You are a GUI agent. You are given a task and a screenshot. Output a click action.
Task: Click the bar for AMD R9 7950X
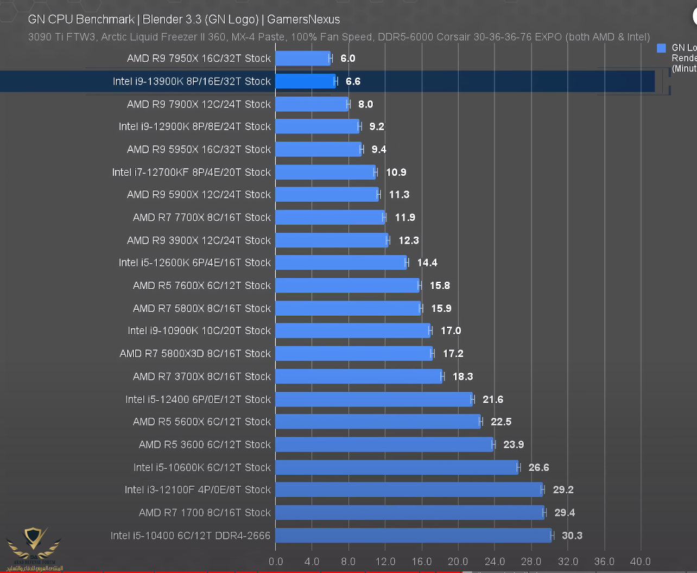[x=302, y=58]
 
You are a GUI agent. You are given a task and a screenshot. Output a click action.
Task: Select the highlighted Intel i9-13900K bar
[x=305, y=81]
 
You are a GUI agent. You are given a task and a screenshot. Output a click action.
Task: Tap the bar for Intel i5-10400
[x=413, y=536]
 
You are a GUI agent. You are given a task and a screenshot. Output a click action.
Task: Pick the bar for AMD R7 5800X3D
[x=353, y=354]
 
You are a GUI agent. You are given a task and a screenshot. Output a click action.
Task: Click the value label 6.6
[x=353, y=81]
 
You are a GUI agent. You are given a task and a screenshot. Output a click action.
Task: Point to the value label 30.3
[x=572, y=536]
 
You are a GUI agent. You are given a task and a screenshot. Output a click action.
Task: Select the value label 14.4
[x=427, y=263]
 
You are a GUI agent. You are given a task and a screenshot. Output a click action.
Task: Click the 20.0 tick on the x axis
[x=458, y=561]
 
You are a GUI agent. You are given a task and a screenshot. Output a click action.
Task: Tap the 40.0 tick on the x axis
[x=640, y=561]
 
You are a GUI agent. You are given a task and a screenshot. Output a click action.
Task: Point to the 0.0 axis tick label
[x=276, y=561]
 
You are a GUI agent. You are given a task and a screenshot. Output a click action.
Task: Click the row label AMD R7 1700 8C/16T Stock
[x=205, y=513]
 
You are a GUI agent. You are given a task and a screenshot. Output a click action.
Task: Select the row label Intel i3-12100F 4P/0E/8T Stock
[x=198, y=489]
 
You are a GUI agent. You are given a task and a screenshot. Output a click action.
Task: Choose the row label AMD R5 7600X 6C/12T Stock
[x=201, y=285]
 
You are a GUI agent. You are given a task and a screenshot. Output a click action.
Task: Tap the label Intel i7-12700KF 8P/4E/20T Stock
[x=191, y=172]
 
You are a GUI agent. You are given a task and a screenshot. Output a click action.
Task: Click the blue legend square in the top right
[x=661, y=48]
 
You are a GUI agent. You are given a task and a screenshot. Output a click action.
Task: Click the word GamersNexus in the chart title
[x=303, y=20]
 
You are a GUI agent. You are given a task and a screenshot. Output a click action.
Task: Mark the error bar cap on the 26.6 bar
[x=518, y=467]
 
